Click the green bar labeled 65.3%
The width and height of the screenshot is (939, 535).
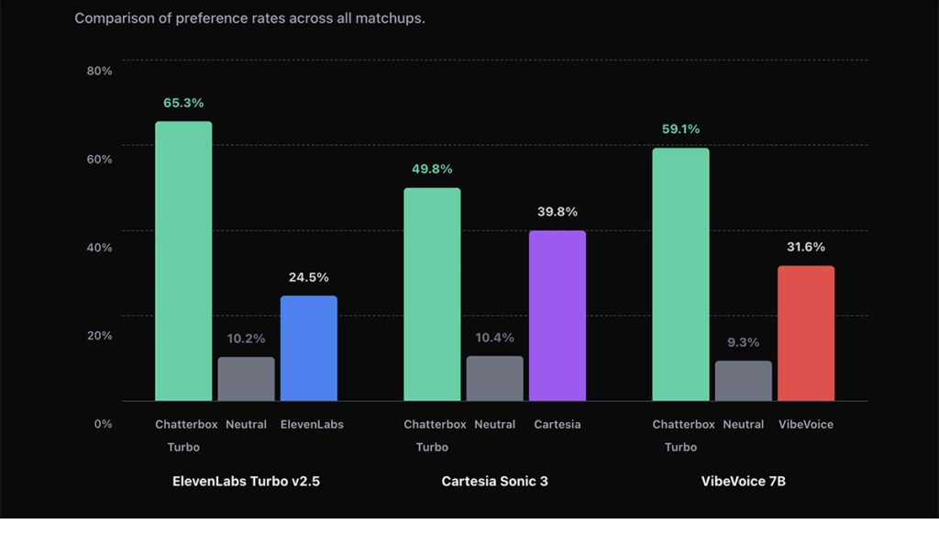[183, 262]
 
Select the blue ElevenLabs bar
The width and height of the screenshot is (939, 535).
[308, 348]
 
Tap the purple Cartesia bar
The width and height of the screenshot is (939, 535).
[557, 316]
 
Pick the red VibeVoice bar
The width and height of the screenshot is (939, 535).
[806, 333]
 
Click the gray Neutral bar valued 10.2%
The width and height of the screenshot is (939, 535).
[246, 379]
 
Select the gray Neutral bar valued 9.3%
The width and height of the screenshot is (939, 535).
[744, 381]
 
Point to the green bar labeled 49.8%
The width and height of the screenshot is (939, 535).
[432, 295]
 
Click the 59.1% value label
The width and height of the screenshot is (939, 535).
[680, 129]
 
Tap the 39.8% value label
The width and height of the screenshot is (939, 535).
[557, 212]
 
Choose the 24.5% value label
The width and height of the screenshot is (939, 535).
[308, 277]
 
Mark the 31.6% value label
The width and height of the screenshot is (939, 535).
[806, 247]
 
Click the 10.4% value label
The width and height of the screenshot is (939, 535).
[494, 338]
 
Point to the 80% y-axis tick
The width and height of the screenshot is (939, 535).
[99, 71]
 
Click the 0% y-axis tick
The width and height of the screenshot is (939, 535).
[102, 423]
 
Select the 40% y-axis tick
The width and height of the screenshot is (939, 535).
[99, 247]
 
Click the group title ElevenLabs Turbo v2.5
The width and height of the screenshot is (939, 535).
[246, 481]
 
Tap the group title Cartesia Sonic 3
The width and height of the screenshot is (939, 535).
[494, 481]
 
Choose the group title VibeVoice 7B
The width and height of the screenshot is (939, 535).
[743, 481]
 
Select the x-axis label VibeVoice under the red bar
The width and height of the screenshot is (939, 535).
[806, 425]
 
